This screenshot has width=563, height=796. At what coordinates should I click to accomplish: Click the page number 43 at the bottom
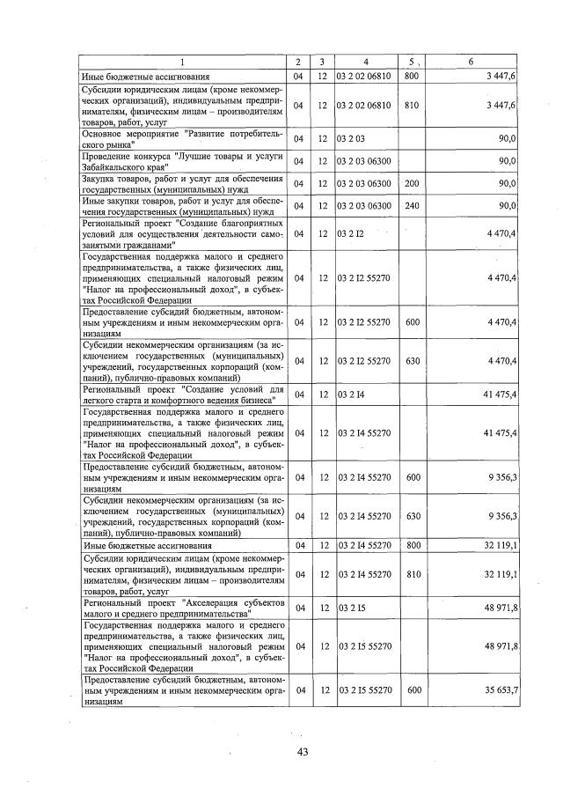[x=302, y=751]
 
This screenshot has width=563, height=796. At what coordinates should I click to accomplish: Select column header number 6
[x=472, y=62]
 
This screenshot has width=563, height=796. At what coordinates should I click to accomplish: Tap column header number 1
[x=183, y=62]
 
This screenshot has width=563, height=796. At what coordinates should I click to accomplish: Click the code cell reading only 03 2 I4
[x=350, y=394]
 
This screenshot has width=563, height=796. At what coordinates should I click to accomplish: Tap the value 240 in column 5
[x=411, y=205]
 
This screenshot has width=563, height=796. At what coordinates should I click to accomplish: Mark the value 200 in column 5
[x=411, y=183]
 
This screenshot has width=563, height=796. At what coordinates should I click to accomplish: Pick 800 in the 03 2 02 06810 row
[x=411, y=77]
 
